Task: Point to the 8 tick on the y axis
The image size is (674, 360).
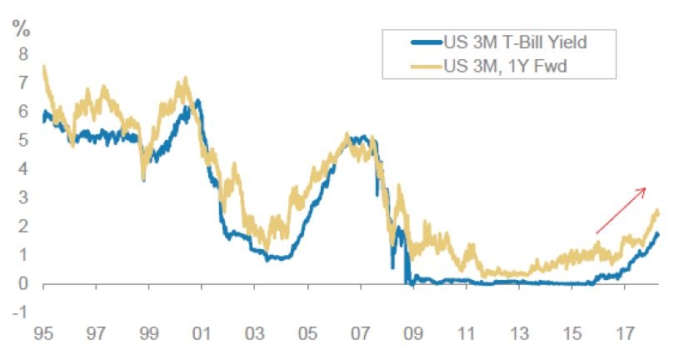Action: [x=23, y=54]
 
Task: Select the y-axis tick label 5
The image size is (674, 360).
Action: [x=23, y=141]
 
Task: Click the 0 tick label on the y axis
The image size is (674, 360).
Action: [x=23, y=284]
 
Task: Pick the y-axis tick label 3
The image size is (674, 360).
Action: [x=23, y=198]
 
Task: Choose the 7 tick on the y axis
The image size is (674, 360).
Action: [x=23, y=83]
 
